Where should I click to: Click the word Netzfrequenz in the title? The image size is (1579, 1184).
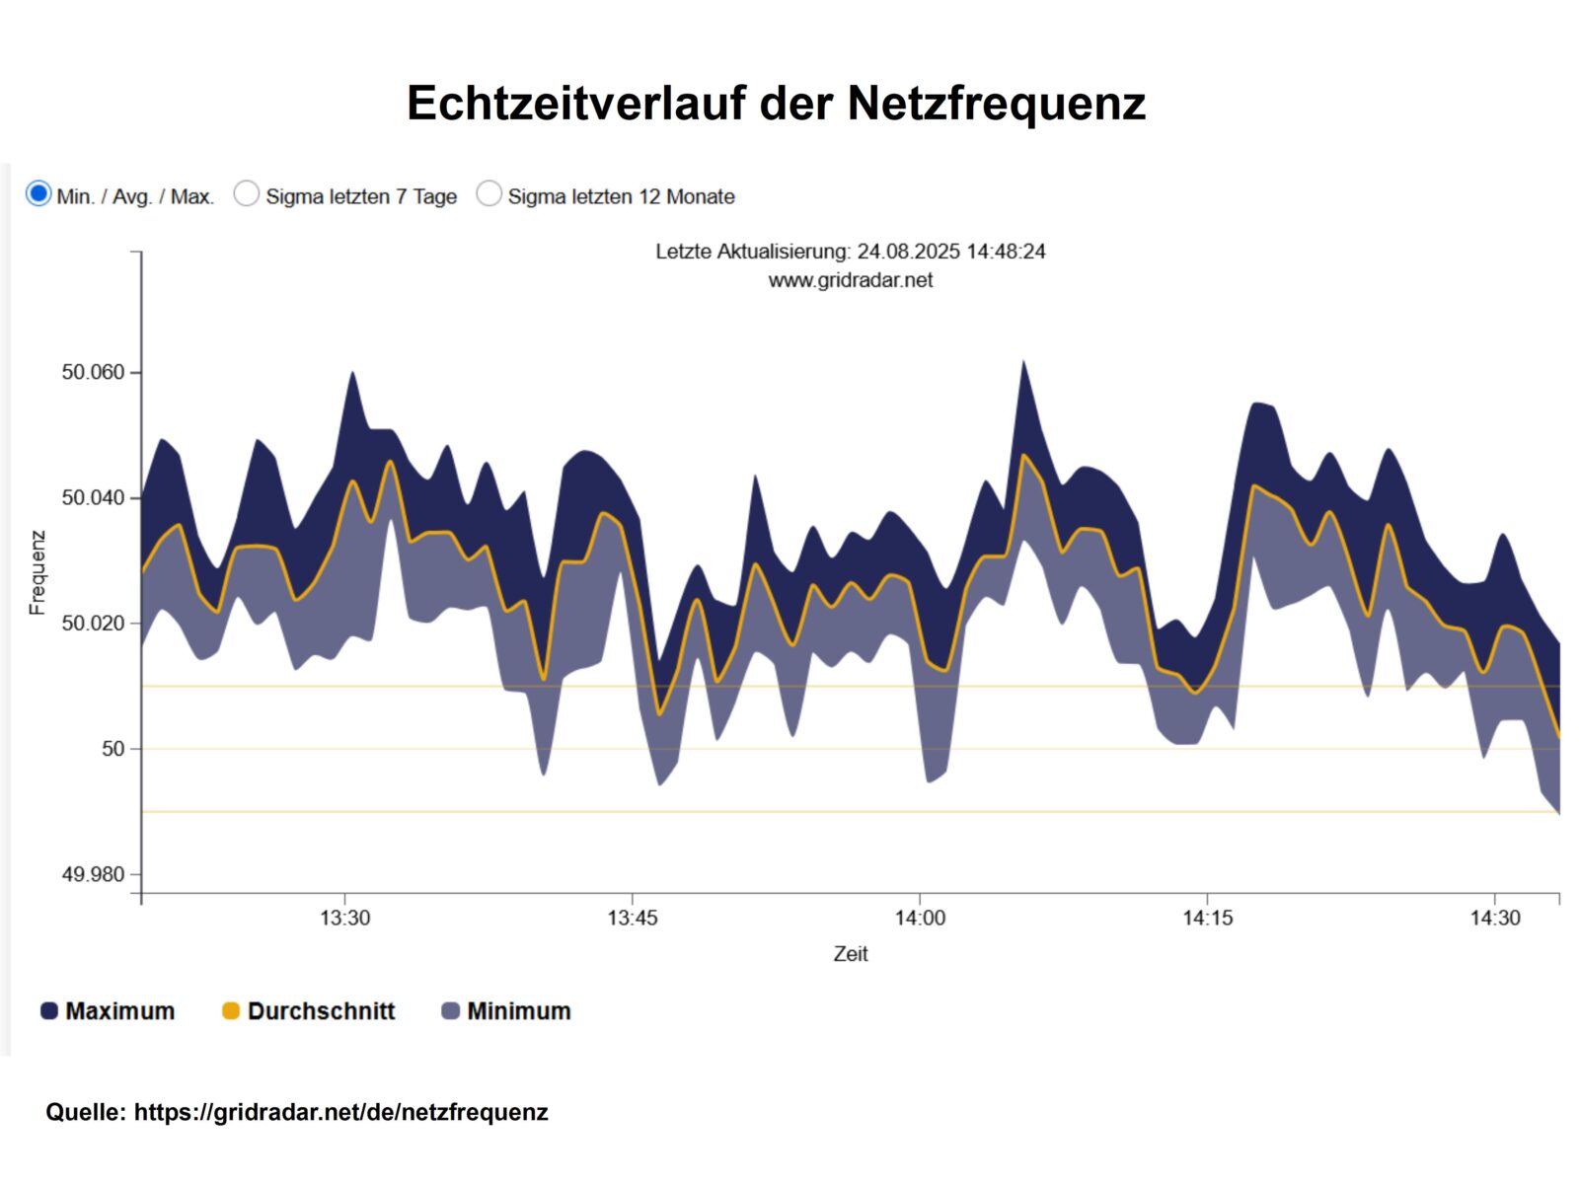(x=996, y=104)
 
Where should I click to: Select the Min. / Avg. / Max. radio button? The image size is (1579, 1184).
(x=38, y=193)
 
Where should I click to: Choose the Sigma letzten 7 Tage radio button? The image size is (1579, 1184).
(x=247, y=193)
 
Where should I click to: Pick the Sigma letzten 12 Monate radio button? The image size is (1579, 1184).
(x=489, y=193)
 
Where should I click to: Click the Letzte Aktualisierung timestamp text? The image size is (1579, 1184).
(x=850, y=252)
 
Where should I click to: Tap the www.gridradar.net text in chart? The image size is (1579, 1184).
(x=850, y=280)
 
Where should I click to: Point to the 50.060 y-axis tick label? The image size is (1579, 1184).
(x=93, y=372)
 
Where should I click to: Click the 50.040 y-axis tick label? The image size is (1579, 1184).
(x=93, y=497)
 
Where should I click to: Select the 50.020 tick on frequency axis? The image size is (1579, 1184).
(x=93, y=623)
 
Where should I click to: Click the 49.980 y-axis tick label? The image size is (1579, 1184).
(x=93, y=874)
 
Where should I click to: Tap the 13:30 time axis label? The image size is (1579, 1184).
(x=344, y=918)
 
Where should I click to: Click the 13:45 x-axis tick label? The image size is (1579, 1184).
(x=632, y=918)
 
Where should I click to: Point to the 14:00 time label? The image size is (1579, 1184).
(x=920, y=918)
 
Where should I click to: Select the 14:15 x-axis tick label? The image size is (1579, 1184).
(x=1207, y=918)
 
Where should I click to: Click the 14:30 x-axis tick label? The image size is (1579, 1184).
(x=1495, y=918)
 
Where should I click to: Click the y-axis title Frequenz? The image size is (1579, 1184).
(x=38, y=572)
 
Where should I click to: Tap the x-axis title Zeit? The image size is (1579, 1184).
(x=850, y=954)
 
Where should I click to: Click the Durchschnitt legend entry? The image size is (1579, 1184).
(x=309, y=1011)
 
